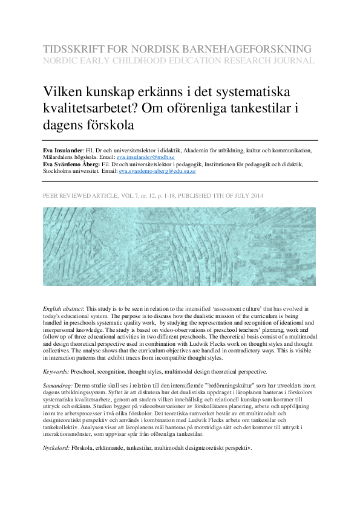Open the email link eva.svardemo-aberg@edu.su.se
click(157, 171)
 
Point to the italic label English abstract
click(63, 308)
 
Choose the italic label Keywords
click(55, 371)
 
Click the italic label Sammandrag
click(57, 385)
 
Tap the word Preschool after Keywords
click(87, 371)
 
